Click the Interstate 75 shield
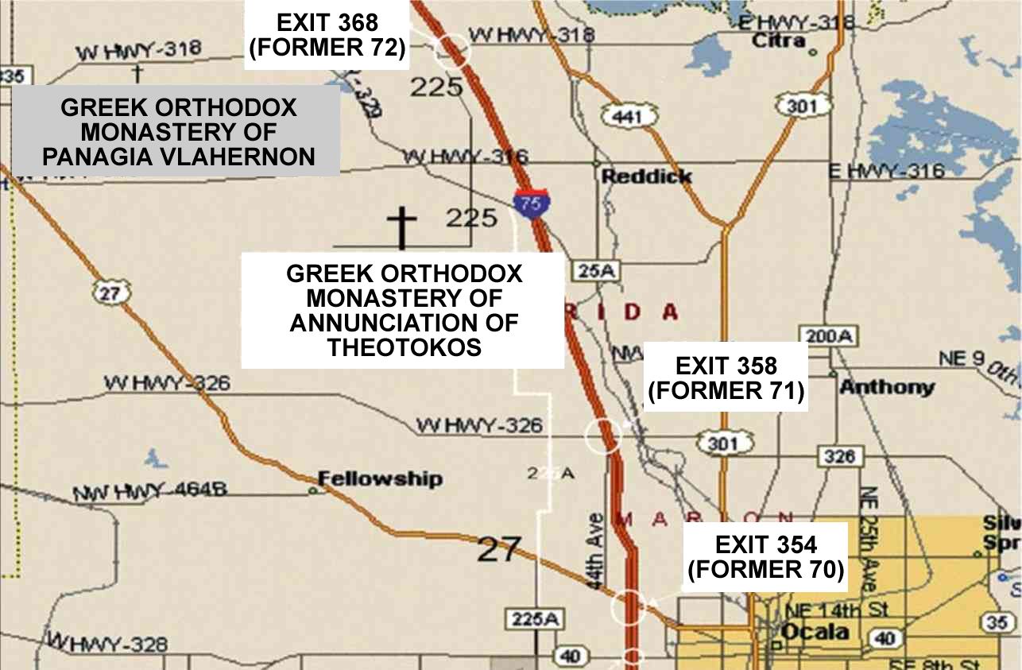pyautogui.click(x=529, y=203)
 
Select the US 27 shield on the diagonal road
pyautogui.click(x=110, y=292)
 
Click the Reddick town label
pyautogui.click(x=646, y=176)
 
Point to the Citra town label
pyautogui.click(x=778, y=41)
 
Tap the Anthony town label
pyautogui.click(x=887, y=388)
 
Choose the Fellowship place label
pyautogui.click(x=380, y=478)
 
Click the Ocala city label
pyautogui.click(x=815, y=633)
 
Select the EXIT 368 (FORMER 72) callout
pyautogui.click(x=327, y=35)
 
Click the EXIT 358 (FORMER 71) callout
pyautogui.click(x=726, y=378)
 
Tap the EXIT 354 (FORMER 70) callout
pyautogui.click(x=765, y=557)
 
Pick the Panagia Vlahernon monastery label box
pyautogui.click(x=178, y=132)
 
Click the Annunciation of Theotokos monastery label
pyautogui.click(x=404, y=310)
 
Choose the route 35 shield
pyautogui.click(x=997, y=622)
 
